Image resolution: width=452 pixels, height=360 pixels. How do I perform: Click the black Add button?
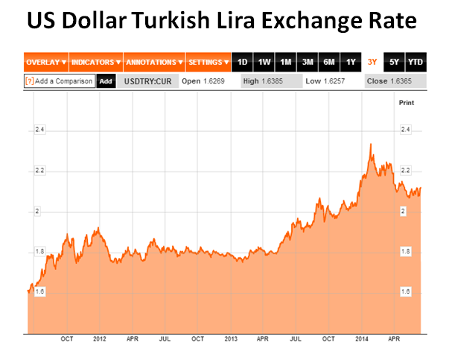[x=106, y=80]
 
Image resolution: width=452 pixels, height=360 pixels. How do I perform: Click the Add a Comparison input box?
[x=60, y=80]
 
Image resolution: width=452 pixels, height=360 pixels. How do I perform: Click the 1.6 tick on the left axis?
[x=39, y=292]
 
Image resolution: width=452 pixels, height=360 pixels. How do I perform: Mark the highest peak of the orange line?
[x=371, y=144]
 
